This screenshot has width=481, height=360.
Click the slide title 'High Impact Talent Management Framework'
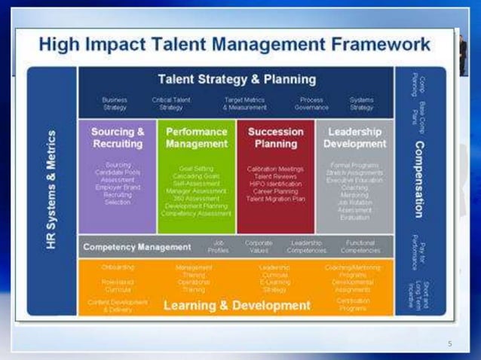(x=234, y=44)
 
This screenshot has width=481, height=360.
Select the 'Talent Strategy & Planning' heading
(x=237, y=79)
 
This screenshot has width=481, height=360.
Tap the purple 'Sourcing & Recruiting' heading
(x=118, y=138)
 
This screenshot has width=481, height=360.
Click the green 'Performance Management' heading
(x=197, y=138)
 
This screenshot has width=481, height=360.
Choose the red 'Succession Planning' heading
(x=275, y=138)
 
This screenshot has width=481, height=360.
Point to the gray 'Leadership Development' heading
(x=354, y=138)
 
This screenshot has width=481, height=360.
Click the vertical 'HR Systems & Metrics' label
(x=52, y=191)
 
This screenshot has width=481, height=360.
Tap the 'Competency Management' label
(x=136, y=246)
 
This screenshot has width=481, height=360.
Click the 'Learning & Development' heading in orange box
(x=237, y=305)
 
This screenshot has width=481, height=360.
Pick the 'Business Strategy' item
(x=115, y=103)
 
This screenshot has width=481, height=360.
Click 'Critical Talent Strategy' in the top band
(x=171, y=103)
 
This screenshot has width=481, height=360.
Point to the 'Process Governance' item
(x=311, y=103)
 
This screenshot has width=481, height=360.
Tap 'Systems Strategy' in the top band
(x=361, y=103)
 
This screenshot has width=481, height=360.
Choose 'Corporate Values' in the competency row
(x=259, y=246)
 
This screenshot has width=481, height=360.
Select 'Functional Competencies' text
(x=360, y=246)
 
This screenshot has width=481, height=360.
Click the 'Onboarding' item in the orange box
(x=117, y=267)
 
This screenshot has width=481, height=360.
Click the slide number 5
(x=449, y=344)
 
